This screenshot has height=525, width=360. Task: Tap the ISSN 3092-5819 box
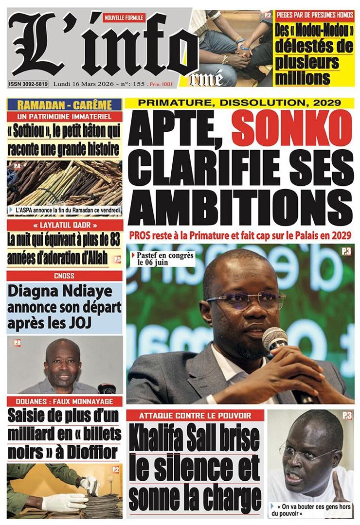point(28,84)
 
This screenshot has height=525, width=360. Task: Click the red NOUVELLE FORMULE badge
point(124,17)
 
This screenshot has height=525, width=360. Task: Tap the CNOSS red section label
point(64,276)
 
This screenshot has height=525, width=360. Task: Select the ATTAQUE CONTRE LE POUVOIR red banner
point(195,416)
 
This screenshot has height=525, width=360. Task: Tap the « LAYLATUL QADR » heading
point(65,226)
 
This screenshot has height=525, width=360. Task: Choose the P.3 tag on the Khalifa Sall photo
point(347,416)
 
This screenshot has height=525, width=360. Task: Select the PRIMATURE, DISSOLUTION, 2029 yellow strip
point(239,103)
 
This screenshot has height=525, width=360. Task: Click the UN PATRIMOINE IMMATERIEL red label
point(65,117)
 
